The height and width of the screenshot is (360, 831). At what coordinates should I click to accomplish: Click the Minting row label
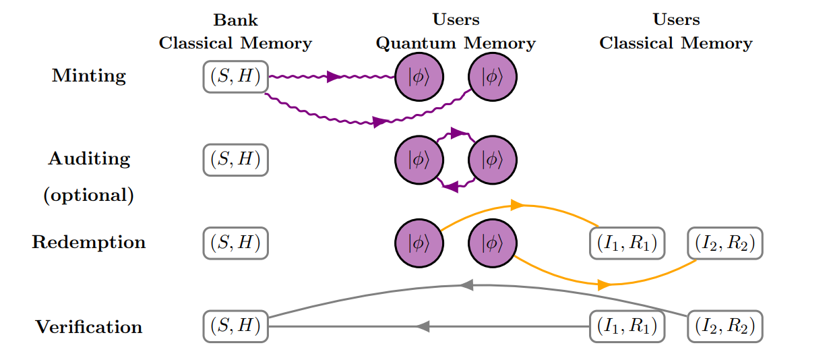click(89, 76)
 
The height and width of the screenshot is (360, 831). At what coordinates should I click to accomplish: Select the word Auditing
click(89, 159)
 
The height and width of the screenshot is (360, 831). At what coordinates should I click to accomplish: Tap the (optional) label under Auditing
click(89, 196)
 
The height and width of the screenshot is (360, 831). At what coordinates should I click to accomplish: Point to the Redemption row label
click(89, 243)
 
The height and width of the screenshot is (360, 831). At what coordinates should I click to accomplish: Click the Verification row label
click(89, 328)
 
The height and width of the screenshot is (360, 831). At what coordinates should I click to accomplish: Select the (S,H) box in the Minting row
click(236, 77)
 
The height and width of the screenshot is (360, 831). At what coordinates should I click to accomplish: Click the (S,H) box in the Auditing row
click(236, 160)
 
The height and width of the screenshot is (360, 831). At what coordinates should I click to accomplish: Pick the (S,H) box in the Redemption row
click(236, 243)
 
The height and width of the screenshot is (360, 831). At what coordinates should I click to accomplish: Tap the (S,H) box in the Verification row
click(236, 327)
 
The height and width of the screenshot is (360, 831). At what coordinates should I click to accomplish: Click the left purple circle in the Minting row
click(419, 78)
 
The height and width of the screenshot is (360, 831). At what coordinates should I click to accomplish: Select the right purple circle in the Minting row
click(493, 78)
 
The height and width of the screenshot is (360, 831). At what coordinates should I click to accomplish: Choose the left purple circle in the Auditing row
click(419, 160)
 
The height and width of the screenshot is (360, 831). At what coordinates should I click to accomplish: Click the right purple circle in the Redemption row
click(493, 243)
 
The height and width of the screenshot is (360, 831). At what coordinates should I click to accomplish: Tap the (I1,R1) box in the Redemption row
click(627, 243)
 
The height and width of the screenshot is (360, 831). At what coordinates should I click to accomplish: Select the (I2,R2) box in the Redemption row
click(725, 243)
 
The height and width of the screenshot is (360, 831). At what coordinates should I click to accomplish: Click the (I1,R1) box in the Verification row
click(627, 327)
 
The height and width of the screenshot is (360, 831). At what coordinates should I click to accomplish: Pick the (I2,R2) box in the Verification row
click(725, 327)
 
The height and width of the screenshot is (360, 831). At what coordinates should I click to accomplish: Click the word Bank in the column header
click(235, 20)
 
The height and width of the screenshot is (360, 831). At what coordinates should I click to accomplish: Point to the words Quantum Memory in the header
click(456, 44)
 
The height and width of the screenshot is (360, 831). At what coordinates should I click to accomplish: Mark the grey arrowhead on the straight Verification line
click(423, 327)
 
